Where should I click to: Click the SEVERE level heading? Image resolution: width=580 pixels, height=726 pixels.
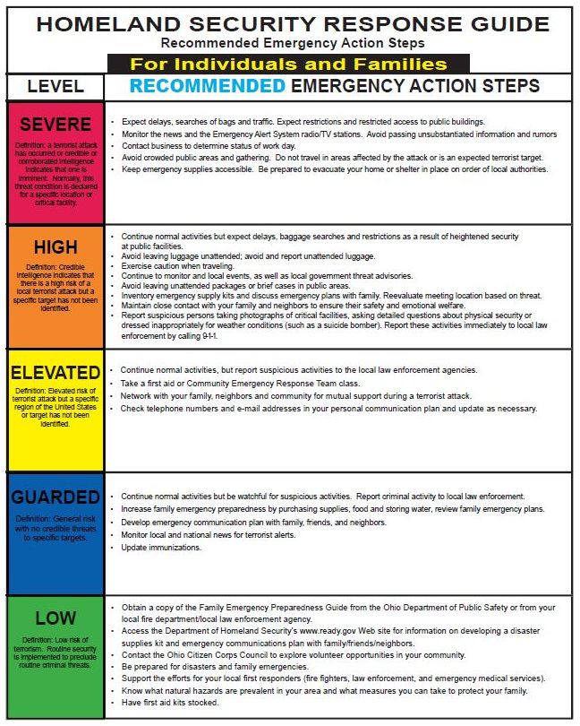tap(55, 125)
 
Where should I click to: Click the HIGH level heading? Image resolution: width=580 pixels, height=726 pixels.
tap(55, 247)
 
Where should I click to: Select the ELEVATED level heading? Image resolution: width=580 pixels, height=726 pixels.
tap(55, 372)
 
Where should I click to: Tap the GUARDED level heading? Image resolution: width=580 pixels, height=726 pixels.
tap(55, 497)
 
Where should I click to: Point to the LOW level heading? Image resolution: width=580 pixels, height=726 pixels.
tap(55, 618)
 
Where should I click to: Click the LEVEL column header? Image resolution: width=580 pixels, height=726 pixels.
tap(55, 87)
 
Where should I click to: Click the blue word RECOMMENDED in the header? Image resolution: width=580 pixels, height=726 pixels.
tap(208, 86)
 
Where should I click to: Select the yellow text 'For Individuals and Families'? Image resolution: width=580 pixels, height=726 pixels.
tap(288, 65)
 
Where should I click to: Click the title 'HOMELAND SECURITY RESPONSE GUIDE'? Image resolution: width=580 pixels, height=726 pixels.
tap(288, 23)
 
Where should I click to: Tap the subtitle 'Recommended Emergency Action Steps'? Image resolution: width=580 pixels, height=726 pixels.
tap(288, 43)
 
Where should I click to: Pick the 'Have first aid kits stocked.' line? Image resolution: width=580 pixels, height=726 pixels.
tap(170, 703)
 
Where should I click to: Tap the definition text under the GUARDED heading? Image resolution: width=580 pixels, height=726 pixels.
tap(55, 528)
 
